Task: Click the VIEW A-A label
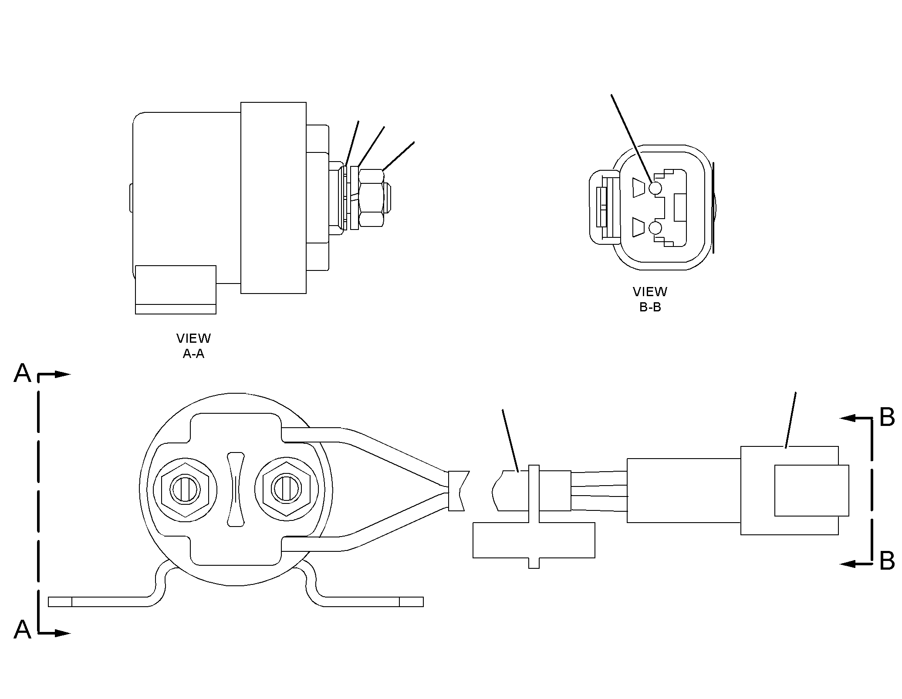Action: [x=193, y=346]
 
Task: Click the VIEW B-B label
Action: [x=650, y=299]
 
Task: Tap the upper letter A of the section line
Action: [x=23, y=373]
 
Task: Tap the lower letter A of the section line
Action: [x=23, y=630]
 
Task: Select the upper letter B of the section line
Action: [x=887, y=417]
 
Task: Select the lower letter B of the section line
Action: [x=887, y=561]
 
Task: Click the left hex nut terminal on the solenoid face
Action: [x=185, y=489]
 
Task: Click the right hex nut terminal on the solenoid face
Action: [x=286, y=489]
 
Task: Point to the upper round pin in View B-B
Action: [x=655, y=188]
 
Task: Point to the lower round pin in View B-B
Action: [x=655, y=227]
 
